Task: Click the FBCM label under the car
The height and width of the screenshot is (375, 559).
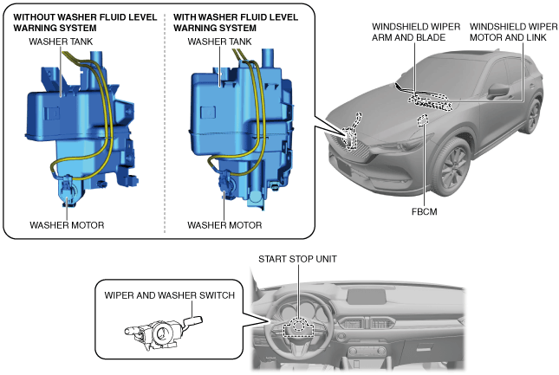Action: point(424,211)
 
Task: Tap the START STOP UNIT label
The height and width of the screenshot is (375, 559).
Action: point(297,259)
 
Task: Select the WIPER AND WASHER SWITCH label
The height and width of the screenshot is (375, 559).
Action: point(169,295)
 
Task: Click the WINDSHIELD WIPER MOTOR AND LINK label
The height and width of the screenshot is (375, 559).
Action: point(513,32)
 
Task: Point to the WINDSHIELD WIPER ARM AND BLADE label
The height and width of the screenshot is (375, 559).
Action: point(416,32)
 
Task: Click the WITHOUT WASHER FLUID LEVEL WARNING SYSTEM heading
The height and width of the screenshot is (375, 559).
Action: point(85,23)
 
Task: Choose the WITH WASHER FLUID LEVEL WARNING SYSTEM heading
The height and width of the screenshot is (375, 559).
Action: point(235,23)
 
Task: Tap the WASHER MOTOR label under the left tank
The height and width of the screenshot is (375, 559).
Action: point(67,225)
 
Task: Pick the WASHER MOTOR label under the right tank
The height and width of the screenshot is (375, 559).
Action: point(224,225)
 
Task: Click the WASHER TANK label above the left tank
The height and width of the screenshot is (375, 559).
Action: point(61,42)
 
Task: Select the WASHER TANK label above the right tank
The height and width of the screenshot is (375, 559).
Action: point(219,42)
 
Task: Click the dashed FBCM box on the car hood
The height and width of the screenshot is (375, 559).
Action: point(423,120)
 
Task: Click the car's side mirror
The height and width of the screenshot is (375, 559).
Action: point(497,90)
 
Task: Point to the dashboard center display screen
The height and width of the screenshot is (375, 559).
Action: point(367,297)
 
